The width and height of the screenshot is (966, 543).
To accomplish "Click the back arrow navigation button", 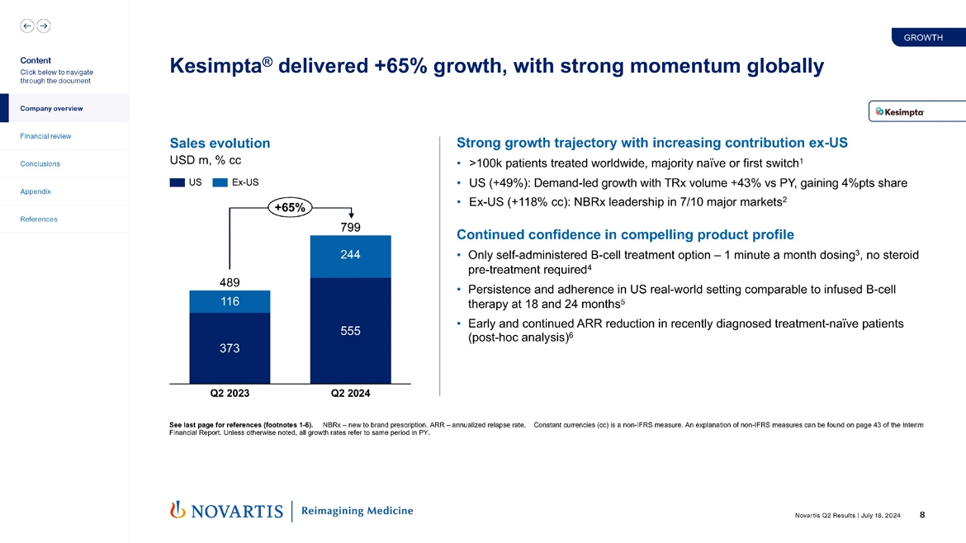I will pos(27,26).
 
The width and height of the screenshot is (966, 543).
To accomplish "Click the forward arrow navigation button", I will pos(44,26).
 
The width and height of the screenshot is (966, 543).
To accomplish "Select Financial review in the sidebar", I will pos(45,136).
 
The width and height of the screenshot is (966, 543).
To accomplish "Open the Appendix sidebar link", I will pos(36,191).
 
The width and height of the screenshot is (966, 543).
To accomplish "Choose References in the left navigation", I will pos(39,220).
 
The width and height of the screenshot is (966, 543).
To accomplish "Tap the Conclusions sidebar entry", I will pos(40,163).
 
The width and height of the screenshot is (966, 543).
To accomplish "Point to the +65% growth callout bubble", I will pos(288,208).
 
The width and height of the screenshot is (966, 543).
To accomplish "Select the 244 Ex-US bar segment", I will pos(350,256).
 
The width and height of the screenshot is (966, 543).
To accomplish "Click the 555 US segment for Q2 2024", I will pos(350,330).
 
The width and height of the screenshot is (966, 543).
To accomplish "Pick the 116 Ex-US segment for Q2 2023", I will pos(230,302).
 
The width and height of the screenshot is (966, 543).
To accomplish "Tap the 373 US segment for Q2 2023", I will pos(230,348).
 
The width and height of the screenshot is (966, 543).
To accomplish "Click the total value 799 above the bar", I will pos(350,227).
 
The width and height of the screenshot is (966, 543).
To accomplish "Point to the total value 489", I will pos(230,281).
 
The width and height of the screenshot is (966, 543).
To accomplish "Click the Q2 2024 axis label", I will pos(350,394).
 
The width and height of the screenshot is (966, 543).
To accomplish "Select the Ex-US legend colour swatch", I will pos(220,182).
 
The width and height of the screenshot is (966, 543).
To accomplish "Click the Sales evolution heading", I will pos(219,144).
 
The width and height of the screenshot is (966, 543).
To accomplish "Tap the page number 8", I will pos(921,515).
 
